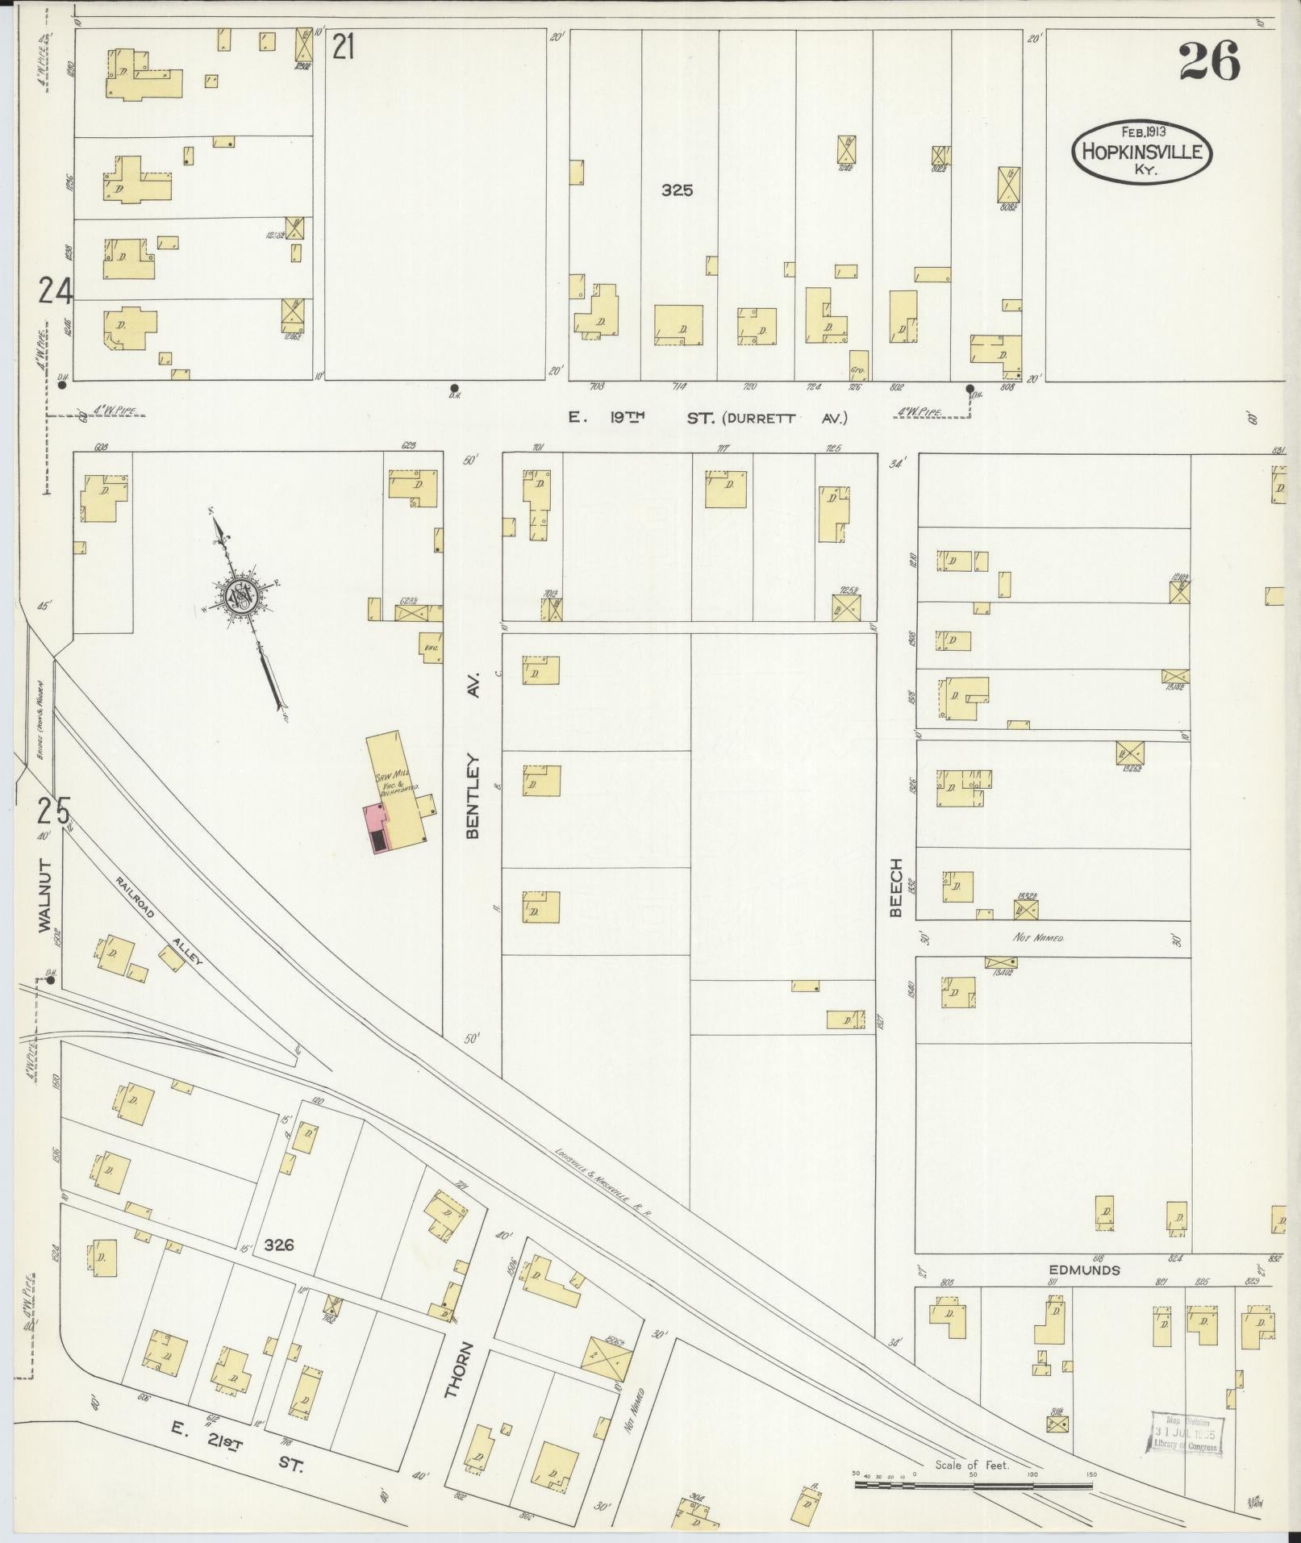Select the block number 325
click(677, 191)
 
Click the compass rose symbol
click(241, 597)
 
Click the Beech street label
click(895, 888)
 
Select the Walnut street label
click(45, 897)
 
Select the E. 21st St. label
click(238, 1450)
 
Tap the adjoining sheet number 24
click(54, 290)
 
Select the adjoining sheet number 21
click(344, 49)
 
